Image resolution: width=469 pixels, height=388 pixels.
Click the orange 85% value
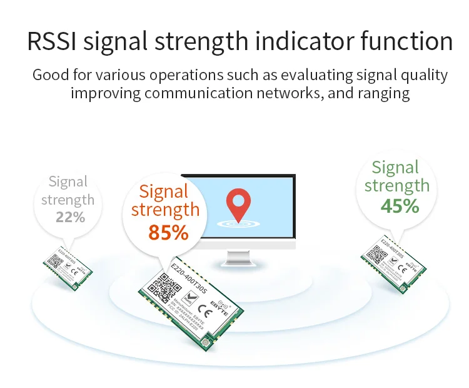[x=168, y=232]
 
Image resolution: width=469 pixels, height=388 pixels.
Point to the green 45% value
[x=400, y=205]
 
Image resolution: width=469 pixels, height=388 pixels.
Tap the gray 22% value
[x=70, y=217]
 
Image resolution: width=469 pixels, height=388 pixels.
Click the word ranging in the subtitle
[x=381, y=94]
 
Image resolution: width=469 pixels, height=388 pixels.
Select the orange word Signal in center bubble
[x=165, y=191]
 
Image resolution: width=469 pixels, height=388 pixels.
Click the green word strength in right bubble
[x=396, y=186]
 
